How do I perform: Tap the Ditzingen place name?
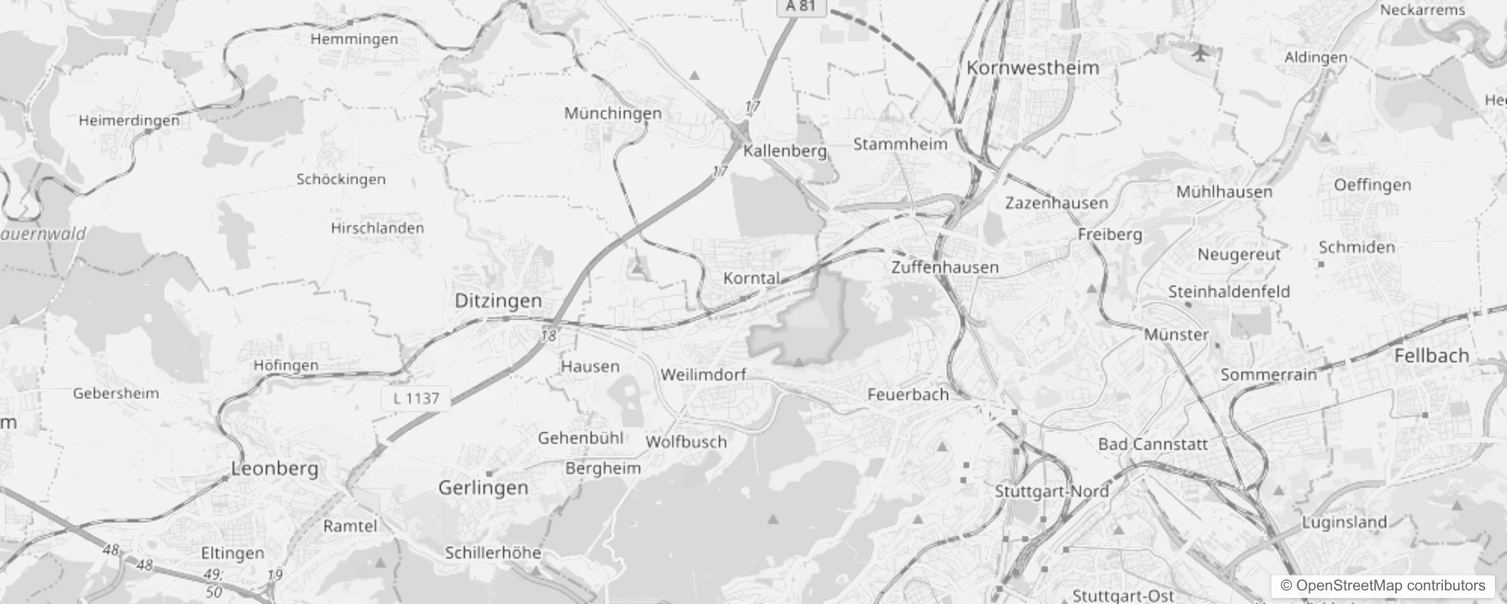pos(498,300)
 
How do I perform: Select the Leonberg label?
pos(275,468)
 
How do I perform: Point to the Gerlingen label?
pos(483,488)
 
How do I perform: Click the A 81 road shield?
pos(800,6)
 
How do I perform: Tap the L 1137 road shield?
pos(416,398)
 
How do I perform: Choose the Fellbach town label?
pos(1431,356)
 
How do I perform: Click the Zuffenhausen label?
pos(945,267)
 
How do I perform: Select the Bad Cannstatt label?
pos(1153,444)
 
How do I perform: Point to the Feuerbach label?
pos(908,394)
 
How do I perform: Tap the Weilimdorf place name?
pos(703,374)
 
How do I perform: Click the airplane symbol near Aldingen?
pos(1200,53)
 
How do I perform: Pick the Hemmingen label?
pos(354,39)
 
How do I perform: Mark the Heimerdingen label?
pos(129,120)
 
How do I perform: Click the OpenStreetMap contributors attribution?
pos(1382,586)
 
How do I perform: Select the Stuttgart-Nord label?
pos(1051,492)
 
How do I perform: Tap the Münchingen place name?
pos(613,113)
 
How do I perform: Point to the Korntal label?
pos(751,278)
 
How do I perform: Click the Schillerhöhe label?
pos(493,553)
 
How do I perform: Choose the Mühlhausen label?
pos(1224,192)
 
